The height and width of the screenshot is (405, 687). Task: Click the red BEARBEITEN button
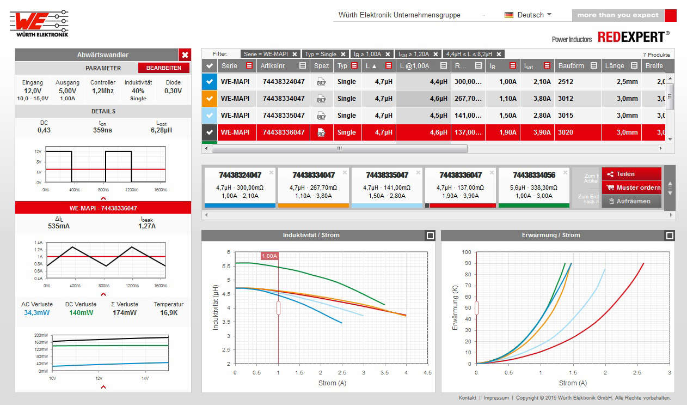[x=163, y=68]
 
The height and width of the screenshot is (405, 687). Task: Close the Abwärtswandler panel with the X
[x=185, y=55]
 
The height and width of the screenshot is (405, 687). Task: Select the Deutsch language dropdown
[x=527, y=15]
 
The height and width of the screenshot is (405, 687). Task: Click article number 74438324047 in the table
[x=284, y=82]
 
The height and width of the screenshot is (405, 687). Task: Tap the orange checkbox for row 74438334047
[x=210, y=99]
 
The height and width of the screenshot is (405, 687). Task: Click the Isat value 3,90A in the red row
[x=536, y=132]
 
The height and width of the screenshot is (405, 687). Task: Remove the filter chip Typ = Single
[x=343, y=54]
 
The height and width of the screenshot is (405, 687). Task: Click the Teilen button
[x=625, y=174]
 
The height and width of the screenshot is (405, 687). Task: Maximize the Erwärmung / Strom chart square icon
[x=670, y=235]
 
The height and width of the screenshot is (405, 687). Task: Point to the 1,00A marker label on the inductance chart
[x=269, y=256]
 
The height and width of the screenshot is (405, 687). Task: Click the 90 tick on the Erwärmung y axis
[x=466, y=263]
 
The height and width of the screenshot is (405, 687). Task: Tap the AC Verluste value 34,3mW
[x=36, y=313]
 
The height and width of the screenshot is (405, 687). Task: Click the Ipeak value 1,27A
[x=147, y=226]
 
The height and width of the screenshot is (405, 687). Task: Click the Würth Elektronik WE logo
[x=39, y=23]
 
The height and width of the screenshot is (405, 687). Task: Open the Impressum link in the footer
[x=496, y=398]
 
